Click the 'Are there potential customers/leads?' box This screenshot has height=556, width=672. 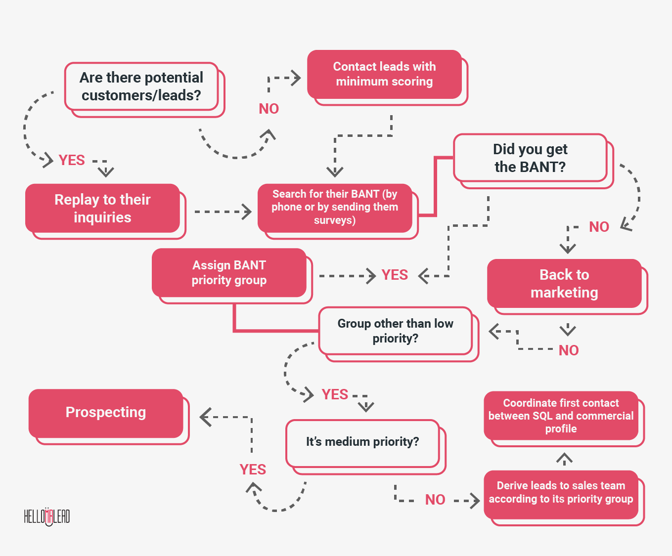point(141,86)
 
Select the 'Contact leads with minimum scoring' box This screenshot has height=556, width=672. point(384,74)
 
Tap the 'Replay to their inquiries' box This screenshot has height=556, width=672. point(102,208)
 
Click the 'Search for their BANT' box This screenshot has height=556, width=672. point(335,208)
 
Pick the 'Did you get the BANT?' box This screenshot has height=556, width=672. point(530,158)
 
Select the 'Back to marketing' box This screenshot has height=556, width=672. point(564,284)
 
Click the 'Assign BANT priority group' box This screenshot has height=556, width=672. point(229,272)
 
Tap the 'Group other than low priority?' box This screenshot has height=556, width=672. point(395,331)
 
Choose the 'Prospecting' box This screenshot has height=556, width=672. point(106,413)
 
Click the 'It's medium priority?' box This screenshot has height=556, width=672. point(362,442)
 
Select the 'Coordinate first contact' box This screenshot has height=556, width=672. point(561,416)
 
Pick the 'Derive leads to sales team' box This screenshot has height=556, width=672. point(561,493)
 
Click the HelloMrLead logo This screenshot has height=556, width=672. point(47,516)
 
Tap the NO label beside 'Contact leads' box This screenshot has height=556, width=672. point(269,109)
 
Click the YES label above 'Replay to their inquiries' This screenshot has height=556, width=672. point(72,160)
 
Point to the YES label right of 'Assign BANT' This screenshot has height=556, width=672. point(395,275)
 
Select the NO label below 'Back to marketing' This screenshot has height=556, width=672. point(569,350)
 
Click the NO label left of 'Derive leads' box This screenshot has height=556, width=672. point(435,500)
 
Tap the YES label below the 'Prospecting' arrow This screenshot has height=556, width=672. point(253,470)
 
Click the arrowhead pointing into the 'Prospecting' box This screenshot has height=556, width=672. point(205,417)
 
